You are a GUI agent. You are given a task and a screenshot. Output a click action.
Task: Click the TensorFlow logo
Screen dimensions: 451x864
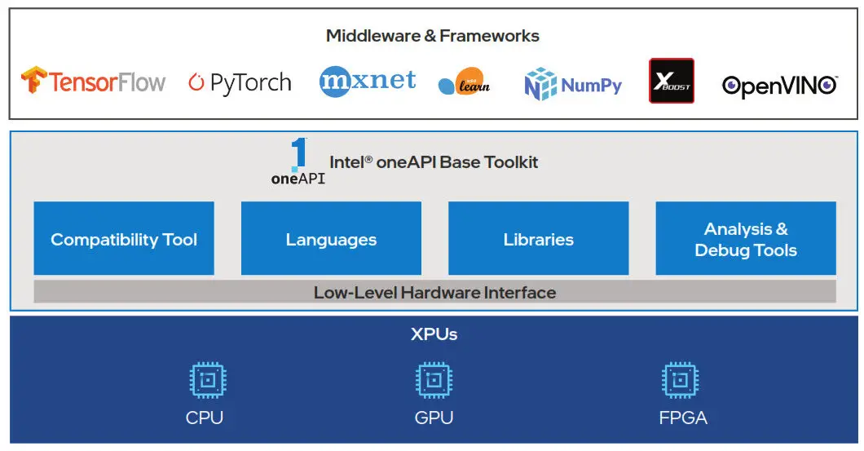point(93,82)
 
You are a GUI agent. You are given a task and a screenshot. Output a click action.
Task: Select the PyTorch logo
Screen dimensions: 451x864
point(240,82)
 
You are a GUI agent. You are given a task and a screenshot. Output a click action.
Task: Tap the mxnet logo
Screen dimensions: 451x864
point(367,81)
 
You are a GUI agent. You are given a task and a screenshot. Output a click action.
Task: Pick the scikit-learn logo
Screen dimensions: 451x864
point(465,82)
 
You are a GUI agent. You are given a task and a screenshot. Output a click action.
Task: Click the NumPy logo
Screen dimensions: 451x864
point(573,84)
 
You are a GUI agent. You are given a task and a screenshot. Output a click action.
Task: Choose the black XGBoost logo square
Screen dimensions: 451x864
point(671,81)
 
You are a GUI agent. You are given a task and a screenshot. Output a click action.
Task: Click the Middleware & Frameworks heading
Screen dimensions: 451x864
point(432,36)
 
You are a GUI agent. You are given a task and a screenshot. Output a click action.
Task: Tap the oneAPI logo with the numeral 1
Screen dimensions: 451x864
point(298,161)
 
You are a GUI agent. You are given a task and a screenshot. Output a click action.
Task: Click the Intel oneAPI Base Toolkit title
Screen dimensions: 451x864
point(434,161)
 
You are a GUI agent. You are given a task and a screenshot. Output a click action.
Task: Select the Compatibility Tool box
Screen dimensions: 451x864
point(124,239)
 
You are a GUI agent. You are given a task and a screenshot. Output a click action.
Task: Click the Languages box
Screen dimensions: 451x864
point(331,239)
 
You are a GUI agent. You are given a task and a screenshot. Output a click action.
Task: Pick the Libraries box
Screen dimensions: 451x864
point(538,239)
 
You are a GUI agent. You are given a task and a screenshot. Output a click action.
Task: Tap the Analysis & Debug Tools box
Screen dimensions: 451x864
point(745,239)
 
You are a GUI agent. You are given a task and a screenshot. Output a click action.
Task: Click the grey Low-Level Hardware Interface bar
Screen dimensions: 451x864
point(434,292)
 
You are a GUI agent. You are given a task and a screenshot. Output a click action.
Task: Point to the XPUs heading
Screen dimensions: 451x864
point(434,334)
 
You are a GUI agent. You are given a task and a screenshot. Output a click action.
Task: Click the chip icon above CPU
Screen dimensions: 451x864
point(207,380)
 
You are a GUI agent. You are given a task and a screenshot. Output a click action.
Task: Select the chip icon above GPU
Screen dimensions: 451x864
point(434,380)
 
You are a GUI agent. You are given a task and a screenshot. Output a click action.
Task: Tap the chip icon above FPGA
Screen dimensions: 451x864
point(681,380)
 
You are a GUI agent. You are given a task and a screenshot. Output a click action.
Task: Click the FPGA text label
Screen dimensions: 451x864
point(682,418)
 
